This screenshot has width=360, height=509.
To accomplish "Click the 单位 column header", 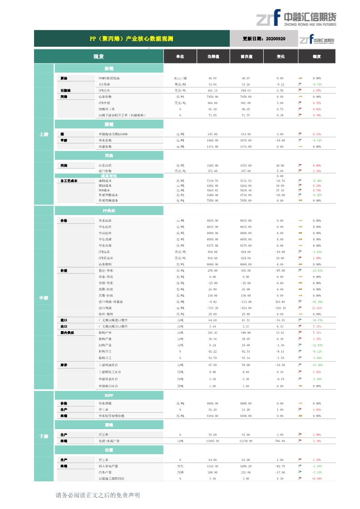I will pyautogui.click(x=180, y=57).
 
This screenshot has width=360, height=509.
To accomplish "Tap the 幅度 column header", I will pyautogui.click(x=317, y=57).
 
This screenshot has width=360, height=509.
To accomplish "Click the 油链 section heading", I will pyautogui.click(x=109, y=69).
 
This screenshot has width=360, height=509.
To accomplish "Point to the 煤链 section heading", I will pyautogui.click(x=109, y=124).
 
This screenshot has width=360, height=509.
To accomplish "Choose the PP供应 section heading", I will pyautogui.click(x=109, y=211).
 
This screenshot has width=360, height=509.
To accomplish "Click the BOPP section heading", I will pyautogui.click(x=109, y=396).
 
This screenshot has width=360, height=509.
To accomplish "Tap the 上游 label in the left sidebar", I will pyautogui.click(x=44, y=134).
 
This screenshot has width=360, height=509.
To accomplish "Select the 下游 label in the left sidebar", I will pyautogui.click(x=44, y=436).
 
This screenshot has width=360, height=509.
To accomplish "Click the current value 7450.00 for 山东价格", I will pyautogui.click(x=212, y=97).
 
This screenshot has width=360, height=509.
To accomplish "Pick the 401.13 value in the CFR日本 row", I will pyautogui.click(x=212, y=91).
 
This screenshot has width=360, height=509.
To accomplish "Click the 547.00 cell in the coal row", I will pyautogui.click(x=212, y=134).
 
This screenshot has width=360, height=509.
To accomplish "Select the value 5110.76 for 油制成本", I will pyautogui.click(x=212, y=181).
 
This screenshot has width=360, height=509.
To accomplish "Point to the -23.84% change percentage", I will pyautogui.click(x=317, y=270).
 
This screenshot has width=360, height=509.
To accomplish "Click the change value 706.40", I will pyautogui.click(x=280, y=441).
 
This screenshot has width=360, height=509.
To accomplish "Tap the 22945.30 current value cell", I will pyautogui.click(x=212, y=441).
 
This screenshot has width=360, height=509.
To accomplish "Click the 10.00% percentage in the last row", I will pyautogui.click(x=317, y=479).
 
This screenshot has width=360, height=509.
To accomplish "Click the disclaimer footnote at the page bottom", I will pyautogui.click(x=98, y=495).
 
